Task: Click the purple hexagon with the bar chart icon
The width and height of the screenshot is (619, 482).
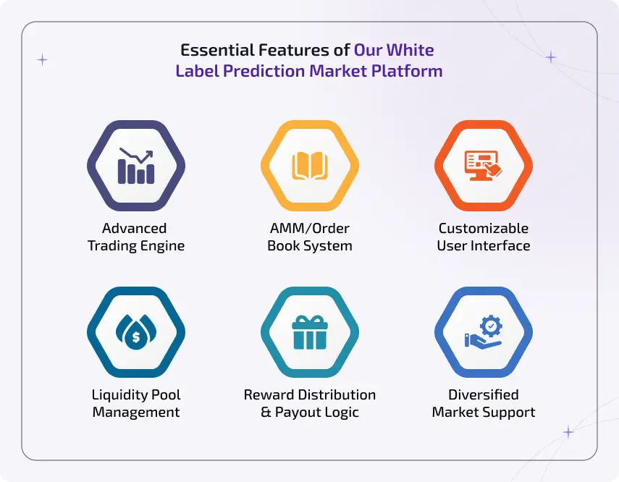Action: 136,166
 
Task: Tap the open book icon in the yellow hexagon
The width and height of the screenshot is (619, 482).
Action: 310,166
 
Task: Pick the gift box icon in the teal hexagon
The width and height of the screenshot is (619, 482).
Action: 310,333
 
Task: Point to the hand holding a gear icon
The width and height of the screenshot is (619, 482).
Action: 483,332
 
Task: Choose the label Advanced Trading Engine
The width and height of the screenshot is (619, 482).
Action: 136,237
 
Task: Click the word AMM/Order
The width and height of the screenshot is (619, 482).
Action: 310,228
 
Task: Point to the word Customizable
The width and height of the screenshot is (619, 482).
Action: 483,228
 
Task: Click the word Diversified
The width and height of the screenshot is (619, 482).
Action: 483,394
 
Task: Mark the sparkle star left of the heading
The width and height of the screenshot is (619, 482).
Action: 42,60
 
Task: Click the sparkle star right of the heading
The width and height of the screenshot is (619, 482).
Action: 551,57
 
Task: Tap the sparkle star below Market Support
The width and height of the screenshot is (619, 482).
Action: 568,432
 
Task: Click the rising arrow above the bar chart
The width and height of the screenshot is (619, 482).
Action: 138,155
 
